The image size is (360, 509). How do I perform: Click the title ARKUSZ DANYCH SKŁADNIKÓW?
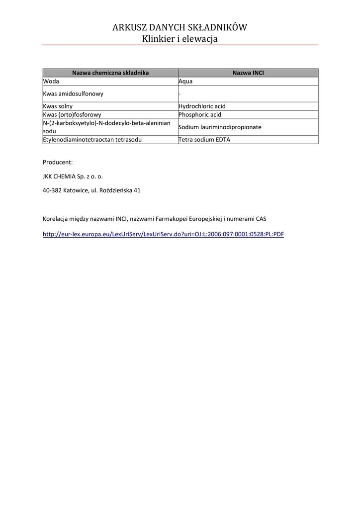click(x=180, y=27)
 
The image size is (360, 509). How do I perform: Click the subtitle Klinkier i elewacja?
click(x=180, y=39)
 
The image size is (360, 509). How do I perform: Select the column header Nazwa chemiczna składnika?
click(x=110, y=73)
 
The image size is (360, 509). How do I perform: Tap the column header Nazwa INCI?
click(x=248, y=73)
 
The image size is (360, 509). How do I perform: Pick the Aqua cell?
click(x=185, y=81)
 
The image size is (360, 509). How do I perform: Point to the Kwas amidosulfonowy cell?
click(x=73, y=93)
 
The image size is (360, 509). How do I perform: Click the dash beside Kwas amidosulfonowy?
click(x=180, y=94)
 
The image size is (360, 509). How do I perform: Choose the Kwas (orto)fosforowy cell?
click(x=72, y=115)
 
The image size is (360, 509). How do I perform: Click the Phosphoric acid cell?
click(x=200, y=115)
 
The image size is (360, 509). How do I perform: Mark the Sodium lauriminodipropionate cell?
click(x=220, y=127)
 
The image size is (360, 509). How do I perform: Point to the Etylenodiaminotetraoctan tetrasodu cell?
click(x=92, y=140)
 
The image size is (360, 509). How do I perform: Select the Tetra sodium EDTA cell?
click(x=204, y=140)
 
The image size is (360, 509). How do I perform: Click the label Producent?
click(x=58, y=162)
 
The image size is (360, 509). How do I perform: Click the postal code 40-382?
click(x=52, y=190)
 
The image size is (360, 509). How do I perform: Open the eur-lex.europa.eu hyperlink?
click(x=163, y=234)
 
